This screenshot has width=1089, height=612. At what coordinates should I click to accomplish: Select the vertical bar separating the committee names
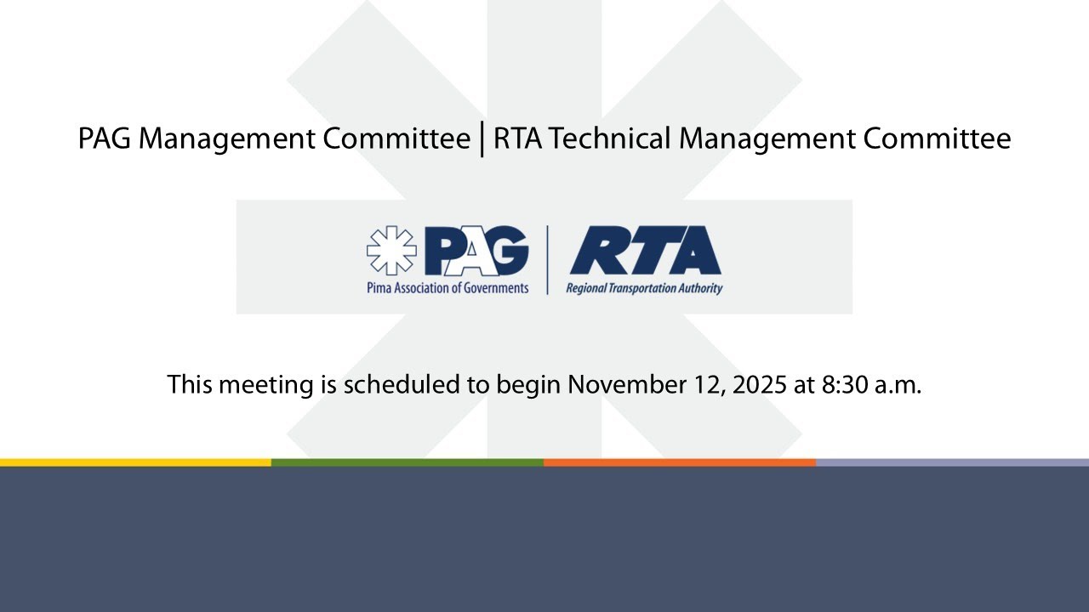pyautogui.click(x=482, y=139)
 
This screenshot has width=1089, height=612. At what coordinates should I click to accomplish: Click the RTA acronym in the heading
pyautogui.click(x=519, y=139)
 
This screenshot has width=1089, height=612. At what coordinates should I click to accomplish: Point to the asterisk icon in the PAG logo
pyautogui.click(x=391, y=251)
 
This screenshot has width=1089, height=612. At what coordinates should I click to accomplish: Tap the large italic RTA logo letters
pyautogui.click(x=645, y=251)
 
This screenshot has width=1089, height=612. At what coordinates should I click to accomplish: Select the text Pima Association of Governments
pyautogui.click(x=448, y=288)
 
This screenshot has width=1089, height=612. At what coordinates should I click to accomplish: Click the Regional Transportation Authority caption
pyautogui.click(x=644, y=288)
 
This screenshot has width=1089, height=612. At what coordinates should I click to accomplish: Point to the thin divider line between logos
pyautogui.click(x=546, y=259)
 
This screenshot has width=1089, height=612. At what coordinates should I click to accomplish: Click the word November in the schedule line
pyautogui.click(x=623, y=384)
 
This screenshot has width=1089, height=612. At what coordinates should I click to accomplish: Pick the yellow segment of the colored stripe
pyautogui.click(x=136, y=462)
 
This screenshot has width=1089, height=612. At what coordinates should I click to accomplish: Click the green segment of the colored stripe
pyautogui.click(x=408, y=462)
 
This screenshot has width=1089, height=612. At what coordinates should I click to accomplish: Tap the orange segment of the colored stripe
pyautogui.click(x=680, y=462)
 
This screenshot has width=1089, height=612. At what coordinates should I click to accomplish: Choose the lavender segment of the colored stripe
pyautogui.click(x=952, y=462)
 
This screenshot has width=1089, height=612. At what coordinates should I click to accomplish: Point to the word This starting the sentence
pyautogui.click(x=190, y=384)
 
